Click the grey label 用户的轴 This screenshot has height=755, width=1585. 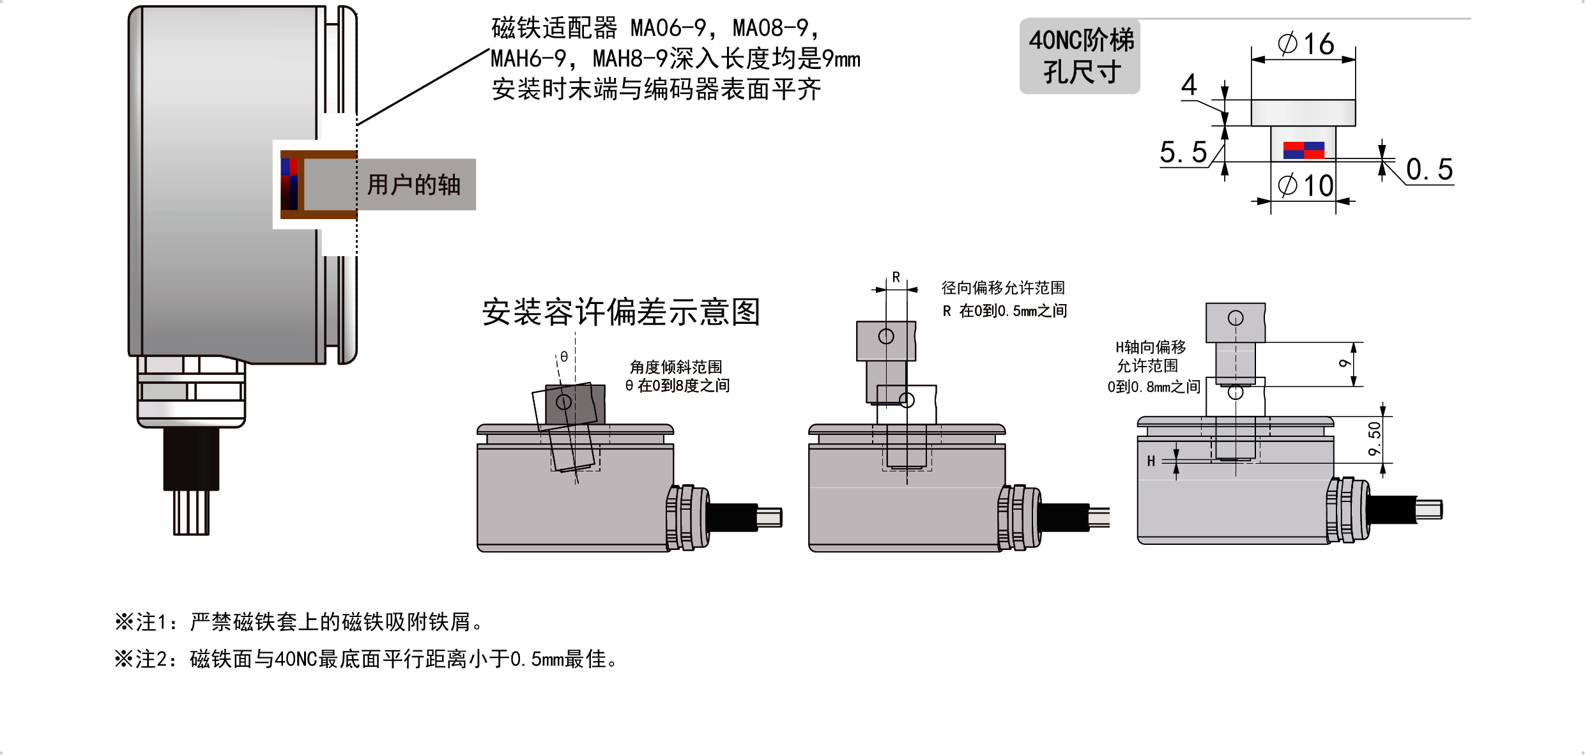pyautogui.click(x=413, y=185)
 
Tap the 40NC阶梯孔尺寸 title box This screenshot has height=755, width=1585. pyautogui.click(x=1080, y=56)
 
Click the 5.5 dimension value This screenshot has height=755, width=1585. pyautogui.click(x=1183, y=153)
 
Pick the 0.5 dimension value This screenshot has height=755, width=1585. pyautogui.click(x=1429, y=170)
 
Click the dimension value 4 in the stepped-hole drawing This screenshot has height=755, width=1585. pyautogui.click(x=1189, y=85)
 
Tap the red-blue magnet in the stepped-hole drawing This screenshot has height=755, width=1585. pyautogui.click(x=1303, y=150)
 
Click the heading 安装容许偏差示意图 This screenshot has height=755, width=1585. pyautogui.click(x=620, y=312)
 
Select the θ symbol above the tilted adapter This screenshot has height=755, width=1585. pyautogui.click(x=564, y=356)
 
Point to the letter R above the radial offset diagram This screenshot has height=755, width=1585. pyautogui.click(x=896, y=277)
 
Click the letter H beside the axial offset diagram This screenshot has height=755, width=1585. pyautogui.click(x=1151, y=461)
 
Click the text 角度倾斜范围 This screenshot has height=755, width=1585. pyautogui.click(x=676, y=367)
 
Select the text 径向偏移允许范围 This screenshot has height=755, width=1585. pyautogui.click(x=1003, y=288)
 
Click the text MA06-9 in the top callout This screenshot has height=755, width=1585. pyautogui.click(x=668, y=28)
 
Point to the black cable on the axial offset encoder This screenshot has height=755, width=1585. pyautogui.click(x=1391, y=510)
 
